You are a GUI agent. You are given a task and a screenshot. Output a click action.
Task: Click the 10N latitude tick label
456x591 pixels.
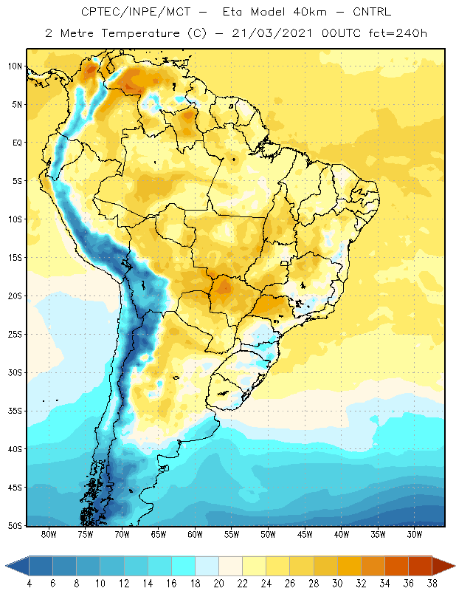(15, 66)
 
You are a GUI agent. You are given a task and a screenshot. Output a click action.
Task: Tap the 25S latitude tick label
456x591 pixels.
(15, 335)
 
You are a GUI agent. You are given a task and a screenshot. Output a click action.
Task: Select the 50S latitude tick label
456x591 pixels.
(15, 525)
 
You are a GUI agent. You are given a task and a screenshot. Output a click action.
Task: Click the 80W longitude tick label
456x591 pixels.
(49, 534)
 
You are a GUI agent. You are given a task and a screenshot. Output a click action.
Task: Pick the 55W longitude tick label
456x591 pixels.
(232, 534)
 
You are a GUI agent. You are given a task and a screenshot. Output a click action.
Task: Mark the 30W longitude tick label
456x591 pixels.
(414, 534)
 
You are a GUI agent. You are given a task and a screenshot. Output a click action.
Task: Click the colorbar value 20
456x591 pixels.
(218, 584)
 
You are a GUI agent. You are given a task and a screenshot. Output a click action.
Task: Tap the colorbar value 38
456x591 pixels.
(432, 584)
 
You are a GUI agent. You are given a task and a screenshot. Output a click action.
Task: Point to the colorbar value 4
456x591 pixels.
(30, 584)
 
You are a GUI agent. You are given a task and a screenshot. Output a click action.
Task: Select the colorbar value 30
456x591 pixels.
(337, 584)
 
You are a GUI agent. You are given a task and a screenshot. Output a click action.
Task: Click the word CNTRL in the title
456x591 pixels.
(372, 12)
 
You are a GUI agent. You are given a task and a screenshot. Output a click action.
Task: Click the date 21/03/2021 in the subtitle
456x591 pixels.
(272, 33)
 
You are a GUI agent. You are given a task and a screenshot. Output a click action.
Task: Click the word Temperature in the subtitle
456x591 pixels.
(141, 33)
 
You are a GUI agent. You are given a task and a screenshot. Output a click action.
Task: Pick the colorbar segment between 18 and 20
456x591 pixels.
(207, 566)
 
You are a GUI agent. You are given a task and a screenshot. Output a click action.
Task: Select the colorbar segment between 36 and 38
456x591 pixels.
(421, 566)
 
